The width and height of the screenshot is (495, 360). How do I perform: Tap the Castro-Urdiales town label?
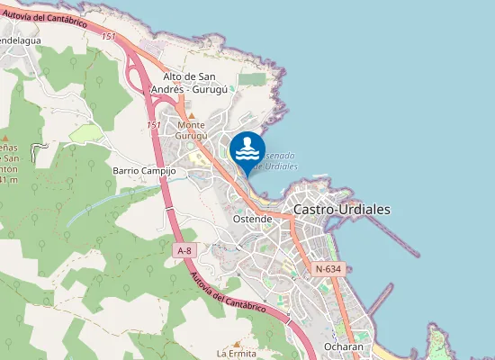click(x=342, y=209)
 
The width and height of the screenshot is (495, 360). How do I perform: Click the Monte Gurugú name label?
click(x=199, y=130)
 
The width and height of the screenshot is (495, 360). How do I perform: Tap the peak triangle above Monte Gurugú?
click(x=191, y=116)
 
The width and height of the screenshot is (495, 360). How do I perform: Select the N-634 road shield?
click(x=328, y=269)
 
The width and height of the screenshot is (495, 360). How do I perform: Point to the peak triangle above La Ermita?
click(x=237, y=343)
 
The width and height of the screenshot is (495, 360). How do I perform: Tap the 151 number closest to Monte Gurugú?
click(x=153, y=124)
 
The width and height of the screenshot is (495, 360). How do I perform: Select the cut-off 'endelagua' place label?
click(x=20, y=40)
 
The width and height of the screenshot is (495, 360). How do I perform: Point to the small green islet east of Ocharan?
click(x=438, y=343)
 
